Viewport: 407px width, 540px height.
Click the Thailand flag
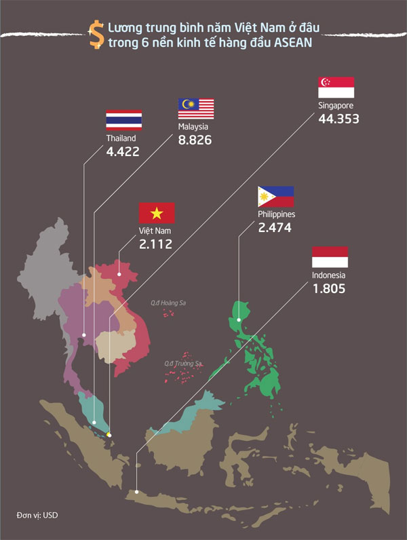coord(123,119)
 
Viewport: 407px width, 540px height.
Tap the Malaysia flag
coord(196,109)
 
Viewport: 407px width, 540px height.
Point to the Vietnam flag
coord(157,213)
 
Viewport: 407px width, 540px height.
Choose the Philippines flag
coord(275,197)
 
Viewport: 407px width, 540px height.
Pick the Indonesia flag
coord(330,258)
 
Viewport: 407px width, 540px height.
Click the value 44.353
coord(338,119)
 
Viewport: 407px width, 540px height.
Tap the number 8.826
coord(195,140)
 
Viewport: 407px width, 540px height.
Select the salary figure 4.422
coord(123,151)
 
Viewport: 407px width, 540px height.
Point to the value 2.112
coord(155,245)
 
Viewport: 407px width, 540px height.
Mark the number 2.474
coord(275,228)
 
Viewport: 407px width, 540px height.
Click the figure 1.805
coord(329,288)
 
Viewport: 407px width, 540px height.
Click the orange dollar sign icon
coord(94,33)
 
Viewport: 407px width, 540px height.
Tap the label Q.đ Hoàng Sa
coord(168,303)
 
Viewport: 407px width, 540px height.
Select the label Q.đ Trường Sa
coord(183,364)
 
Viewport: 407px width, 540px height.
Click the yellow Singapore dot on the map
coord(109,434)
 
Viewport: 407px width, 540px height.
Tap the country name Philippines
coord(276,214)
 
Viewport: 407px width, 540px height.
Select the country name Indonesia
coord(329,275)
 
